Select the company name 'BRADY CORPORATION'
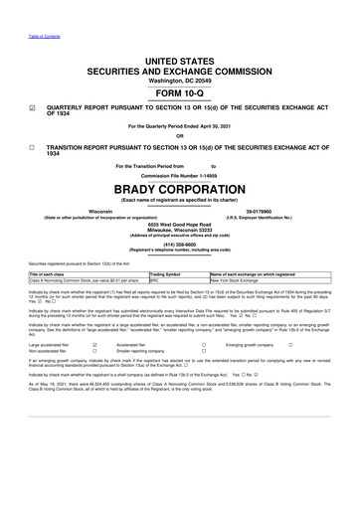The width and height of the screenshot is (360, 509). pos(180,186)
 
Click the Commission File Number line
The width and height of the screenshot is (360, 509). pos(180,174)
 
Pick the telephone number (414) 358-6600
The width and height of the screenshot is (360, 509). pos(180,243)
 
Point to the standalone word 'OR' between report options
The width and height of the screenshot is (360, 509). pos(180,136)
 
